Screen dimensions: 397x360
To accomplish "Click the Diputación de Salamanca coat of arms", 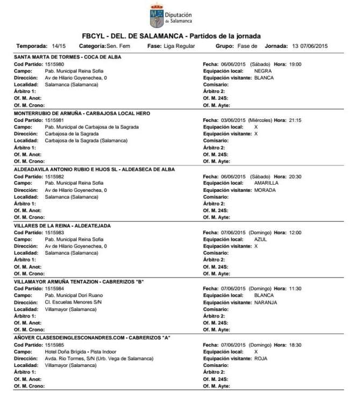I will (x=156, y=16).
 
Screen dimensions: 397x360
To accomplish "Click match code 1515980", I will (x=55, y=64).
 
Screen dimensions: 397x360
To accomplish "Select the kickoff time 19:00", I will (x=296, y=64).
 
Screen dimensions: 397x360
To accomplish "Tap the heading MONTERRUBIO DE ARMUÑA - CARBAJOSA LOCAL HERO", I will (x=82, y=113).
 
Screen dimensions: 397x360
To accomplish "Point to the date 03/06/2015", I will (x=233, y=120).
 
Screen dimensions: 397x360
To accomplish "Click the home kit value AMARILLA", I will (x=267, y=183).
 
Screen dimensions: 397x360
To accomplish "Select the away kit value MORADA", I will (x=265, y=190).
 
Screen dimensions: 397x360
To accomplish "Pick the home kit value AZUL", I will (x=261, y=239).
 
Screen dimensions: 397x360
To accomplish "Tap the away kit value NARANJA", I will (x=266, y=302).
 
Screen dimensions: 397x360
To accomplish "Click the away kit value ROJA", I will (x=261, y=358).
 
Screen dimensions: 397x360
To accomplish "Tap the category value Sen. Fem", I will (x=118, y=46).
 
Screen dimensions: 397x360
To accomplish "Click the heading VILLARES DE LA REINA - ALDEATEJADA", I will (x=62, y=226).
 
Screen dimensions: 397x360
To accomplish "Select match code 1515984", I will (x=55, y=288).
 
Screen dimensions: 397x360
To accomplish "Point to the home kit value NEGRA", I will (x=263, y=71).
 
